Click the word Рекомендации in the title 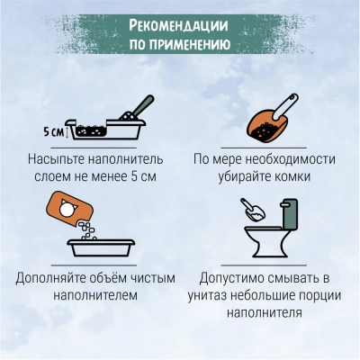click(179, 25)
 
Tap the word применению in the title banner click(190, 44)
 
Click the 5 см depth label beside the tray click(54, 131)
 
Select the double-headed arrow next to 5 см click(67, 132)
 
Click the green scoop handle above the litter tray click(142, 105)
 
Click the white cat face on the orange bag click(67, 208)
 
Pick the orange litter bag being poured click(69, 207)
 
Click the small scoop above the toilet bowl click(254, 210)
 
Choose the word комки click(292, 176)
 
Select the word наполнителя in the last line click(265, 313)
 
